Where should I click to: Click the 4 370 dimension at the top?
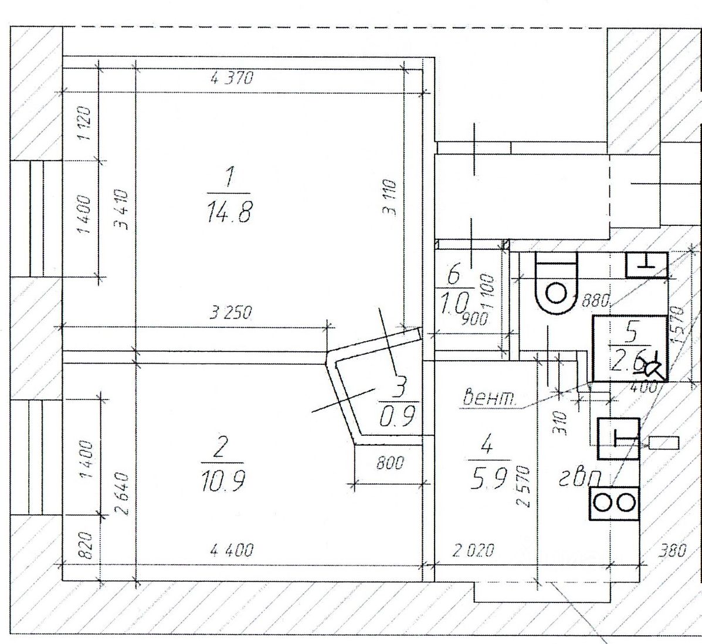pyautogui.click(x=232, y=79)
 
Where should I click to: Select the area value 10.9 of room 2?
pyautogui.click(x=223, y=480)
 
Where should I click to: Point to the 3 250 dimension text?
pyautogui.click(x=231, y=312)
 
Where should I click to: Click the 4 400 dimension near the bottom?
pyautogui.click(x=232, y=550)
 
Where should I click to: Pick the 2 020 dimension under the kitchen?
pyautogui.click(x=473, y=550)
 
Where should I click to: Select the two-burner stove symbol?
pyautogui.click(x=614, y=503)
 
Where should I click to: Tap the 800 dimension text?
pyautogui.click(x=390, y=462)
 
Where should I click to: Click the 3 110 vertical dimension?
pyautogui.click(x=391, y=198)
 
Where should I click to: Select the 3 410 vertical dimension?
pyautogui.click(x=122, y=209)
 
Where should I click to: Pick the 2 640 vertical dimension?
pyautogui.click(x=122, y=493)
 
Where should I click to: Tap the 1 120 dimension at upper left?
pyautogui.click(x=84, y=124)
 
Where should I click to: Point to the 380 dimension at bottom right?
pyautogui.click(x=672, y=550)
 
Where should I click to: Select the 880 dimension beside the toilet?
pyautogui.click(x=595, y=300)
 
